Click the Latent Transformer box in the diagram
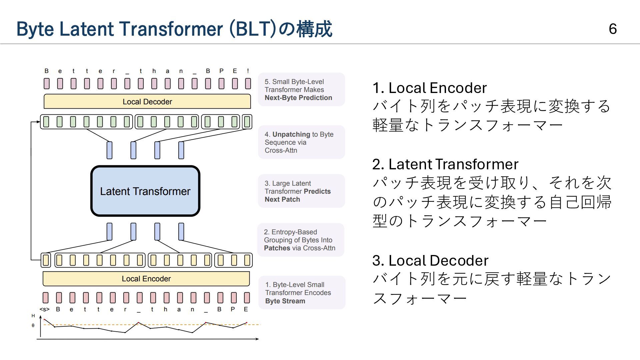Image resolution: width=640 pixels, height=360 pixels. point(145,191)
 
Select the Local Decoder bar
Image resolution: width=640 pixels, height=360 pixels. point(147,102)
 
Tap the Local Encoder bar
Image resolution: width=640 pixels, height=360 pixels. point(146,279)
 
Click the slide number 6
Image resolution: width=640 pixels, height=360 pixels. point(613,29)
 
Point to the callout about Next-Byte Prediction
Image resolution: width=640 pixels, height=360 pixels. point(301,90)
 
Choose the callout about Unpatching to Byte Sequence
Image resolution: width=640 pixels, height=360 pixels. point(301,142)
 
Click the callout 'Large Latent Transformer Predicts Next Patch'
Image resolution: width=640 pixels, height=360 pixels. point(301,191)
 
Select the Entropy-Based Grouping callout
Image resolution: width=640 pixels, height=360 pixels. point(300,240)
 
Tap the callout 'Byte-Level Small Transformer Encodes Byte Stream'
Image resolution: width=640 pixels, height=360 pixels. point(301,293)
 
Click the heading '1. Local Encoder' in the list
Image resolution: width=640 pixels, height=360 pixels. point(429,88)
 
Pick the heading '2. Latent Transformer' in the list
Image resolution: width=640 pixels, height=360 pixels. point(445,164)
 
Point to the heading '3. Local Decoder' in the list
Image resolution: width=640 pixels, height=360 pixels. point(430,261)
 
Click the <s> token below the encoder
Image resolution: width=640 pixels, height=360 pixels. point(44,309)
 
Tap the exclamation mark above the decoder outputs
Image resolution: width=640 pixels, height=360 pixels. point(248,71)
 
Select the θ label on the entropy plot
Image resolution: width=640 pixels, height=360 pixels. point(33,325)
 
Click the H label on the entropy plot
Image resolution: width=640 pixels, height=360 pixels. point(33,316)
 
